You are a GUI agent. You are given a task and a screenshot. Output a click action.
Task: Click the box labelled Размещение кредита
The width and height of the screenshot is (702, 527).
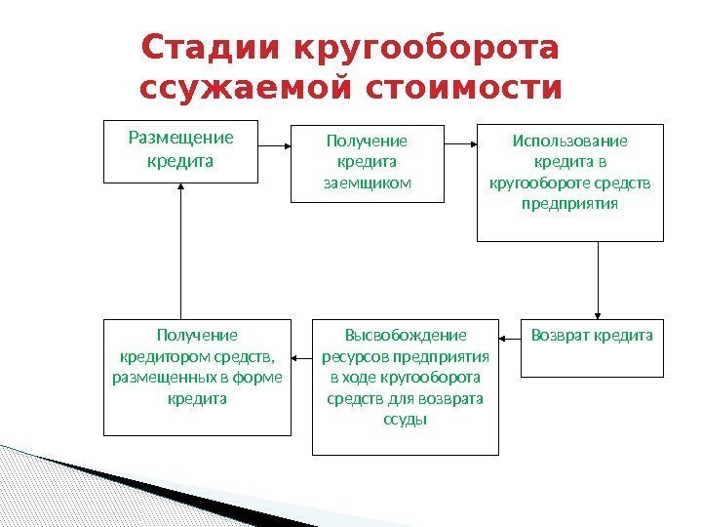[x=181, y=151]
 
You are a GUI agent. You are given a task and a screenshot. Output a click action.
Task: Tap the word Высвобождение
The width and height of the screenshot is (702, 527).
[x=406, y=335]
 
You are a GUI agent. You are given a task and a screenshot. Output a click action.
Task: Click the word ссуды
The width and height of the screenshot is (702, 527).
[x=406, y=420]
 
